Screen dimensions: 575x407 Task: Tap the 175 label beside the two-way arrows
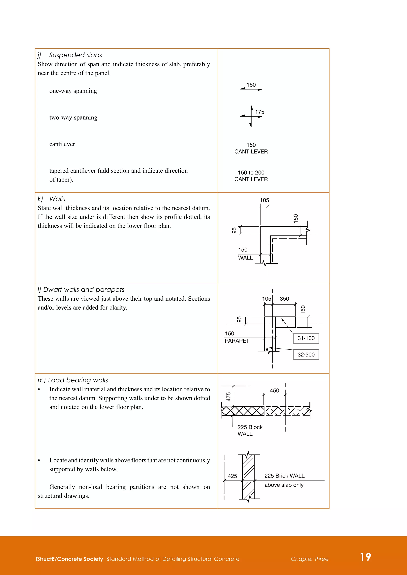coord(259,112)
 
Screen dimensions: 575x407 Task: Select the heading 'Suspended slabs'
coord(76,55)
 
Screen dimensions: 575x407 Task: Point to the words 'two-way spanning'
coord(73,118)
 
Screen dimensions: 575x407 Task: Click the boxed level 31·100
coord(306,338)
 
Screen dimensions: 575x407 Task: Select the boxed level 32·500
coord(306,355)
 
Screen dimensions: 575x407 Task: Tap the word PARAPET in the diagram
coord(237,341)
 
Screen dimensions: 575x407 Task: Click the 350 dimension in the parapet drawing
coord(284,299)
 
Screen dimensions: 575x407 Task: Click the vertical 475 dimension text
coord(229,397)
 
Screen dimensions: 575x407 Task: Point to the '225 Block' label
coord(250,427)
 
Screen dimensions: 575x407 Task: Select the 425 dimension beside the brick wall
coord(232,476)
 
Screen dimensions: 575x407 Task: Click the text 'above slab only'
coord(284,485)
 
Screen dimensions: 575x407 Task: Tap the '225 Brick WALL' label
coord(284,476)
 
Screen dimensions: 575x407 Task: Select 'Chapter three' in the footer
coord(309,559)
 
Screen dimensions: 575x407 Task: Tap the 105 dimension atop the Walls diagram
coord(264,200)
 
